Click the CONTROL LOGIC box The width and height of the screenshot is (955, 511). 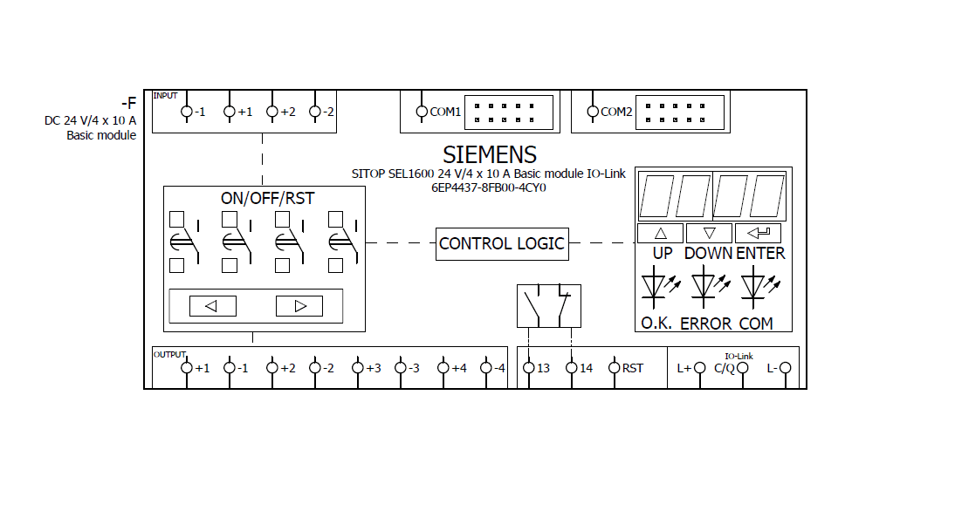[x=502, y=243]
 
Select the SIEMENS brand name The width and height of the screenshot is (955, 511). [x=490, y=155]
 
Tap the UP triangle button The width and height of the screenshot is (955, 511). [x=660, y=233]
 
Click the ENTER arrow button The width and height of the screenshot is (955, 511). [x=758, y=233]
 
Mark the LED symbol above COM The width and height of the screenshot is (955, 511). [x=753, y=286]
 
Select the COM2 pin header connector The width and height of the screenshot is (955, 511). [x=681, y=112]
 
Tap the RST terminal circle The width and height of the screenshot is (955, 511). [x=614, y=368]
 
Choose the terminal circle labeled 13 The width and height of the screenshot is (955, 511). [x=528, y=368]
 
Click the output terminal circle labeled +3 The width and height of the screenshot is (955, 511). [x=358, y=368]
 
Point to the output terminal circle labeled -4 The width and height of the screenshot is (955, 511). [x=486, y=368]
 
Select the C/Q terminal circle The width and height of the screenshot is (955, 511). [x=743, y=368]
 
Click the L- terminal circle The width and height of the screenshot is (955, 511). [x=786, y=368]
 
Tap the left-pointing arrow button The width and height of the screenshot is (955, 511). [x=214, y=306]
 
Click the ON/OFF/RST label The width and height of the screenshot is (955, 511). [x=267, y=198]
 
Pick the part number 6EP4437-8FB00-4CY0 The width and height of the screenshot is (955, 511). [x=489, y=187]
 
